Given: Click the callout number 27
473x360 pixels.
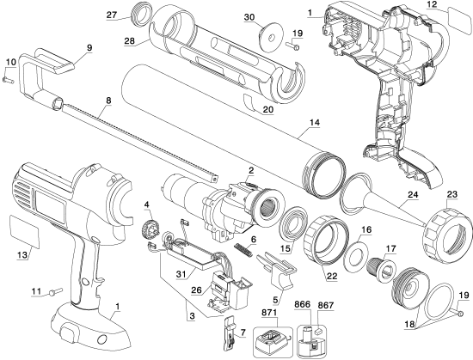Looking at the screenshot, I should coord(112,15).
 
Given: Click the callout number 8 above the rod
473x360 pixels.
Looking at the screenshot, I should coord(109,101).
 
